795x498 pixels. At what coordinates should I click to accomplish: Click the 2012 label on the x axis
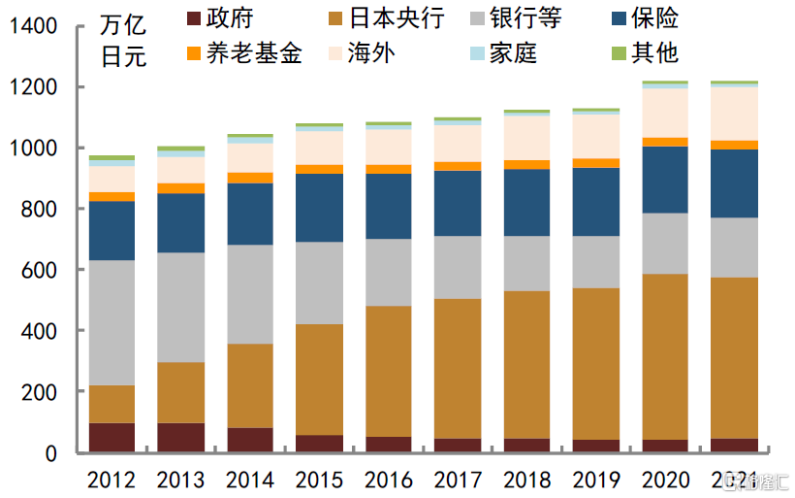pos(111,480)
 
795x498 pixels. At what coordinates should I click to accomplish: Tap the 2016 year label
pos(389,480)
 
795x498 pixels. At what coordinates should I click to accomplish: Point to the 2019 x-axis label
pos(596,480)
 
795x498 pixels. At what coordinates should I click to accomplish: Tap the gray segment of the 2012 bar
pos(111,322)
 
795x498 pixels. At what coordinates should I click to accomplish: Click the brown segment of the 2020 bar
pos(665,356)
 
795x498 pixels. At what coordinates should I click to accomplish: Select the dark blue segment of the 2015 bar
pos(319,208)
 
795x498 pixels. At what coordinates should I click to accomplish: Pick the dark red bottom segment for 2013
pos(180,437)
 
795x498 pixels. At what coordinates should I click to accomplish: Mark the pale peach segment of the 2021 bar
pos(734,114)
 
